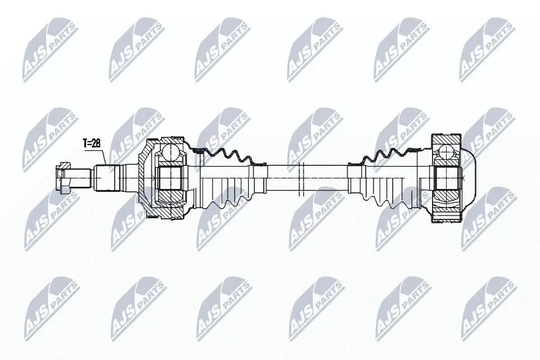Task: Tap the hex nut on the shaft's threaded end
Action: (x=62, y=175)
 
